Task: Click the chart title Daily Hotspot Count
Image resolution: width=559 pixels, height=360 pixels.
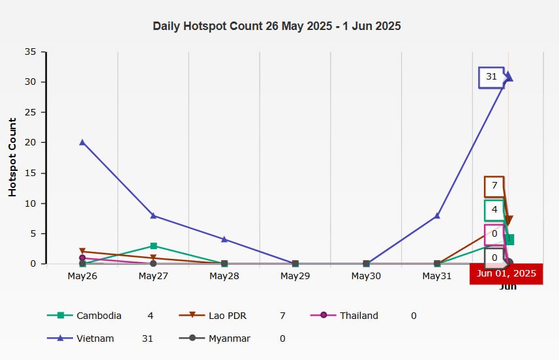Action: [277, 27]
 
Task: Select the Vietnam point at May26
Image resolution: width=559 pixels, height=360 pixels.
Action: [82, 142]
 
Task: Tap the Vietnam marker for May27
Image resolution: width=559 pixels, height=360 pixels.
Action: [153, 215]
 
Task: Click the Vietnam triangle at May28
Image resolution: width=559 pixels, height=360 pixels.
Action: [224, 239]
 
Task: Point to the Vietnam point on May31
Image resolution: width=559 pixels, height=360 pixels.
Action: [437, 215]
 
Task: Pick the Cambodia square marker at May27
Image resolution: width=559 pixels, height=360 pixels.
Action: [153, 246]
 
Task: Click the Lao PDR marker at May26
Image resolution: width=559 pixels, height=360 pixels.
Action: [82, 251]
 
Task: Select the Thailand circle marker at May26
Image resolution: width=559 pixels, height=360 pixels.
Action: [82, 258]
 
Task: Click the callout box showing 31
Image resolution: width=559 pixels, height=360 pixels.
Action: [491, 77]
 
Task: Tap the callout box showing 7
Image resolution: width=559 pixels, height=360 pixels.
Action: [494, 186]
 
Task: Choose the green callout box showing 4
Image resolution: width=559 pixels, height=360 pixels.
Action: [494, 210]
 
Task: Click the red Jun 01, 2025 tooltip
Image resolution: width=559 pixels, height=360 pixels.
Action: [506, 274]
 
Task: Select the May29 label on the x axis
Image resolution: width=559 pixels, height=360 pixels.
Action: [295, 277]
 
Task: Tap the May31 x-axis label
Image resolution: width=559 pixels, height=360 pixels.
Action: [437, 277]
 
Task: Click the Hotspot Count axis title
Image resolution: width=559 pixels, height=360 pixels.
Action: [12, 157]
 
